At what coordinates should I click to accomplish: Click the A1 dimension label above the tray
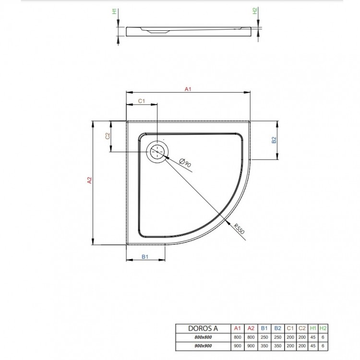(x=188, y=89)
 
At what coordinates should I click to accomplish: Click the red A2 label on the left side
(x=89, y=181)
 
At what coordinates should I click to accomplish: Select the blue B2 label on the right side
(x=274, y=140)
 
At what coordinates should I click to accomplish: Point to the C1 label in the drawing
(x=142, y=101)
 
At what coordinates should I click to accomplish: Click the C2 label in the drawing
(x=108, y=136)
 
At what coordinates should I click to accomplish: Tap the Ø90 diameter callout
(x=185, y=163)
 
